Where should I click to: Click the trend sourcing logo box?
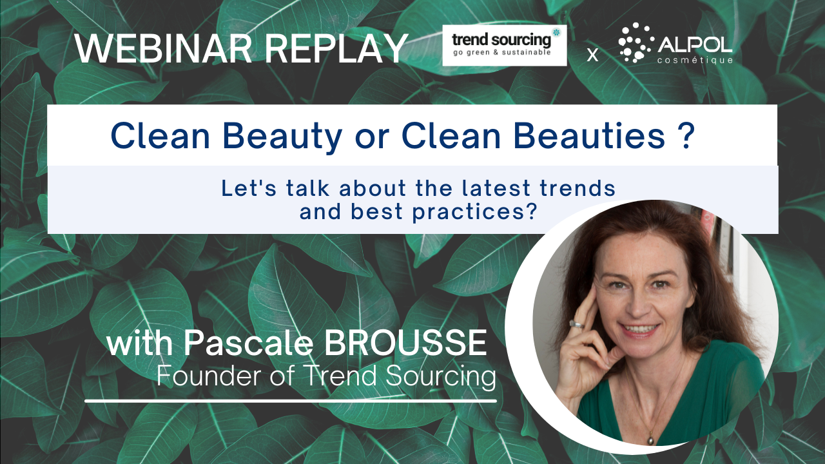pos(505,45)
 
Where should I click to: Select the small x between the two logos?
pos(592,55)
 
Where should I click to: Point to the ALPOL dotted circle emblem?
pos(636,43)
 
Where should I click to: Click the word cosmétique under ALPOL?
pos(695,60)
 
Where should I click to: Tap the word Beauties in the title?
pos(589,136)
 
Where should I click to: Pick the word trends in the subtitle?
pos(577,188)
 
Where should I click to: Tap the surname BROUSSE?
pos(405,343)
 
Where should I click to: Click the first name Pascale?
pos(249,343)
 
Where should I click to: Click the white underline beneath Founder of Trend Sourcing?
pos(291,401)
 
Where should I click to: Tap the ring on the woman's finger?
pos(576,324)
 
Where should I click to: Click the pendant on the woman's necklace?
pos(651,440)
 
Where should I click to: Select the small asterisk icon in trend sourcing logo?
pos(556,32)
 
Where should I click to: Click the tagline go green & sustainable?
pos(502,53)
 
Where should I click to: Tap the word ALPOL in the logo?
pos(695,46)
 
